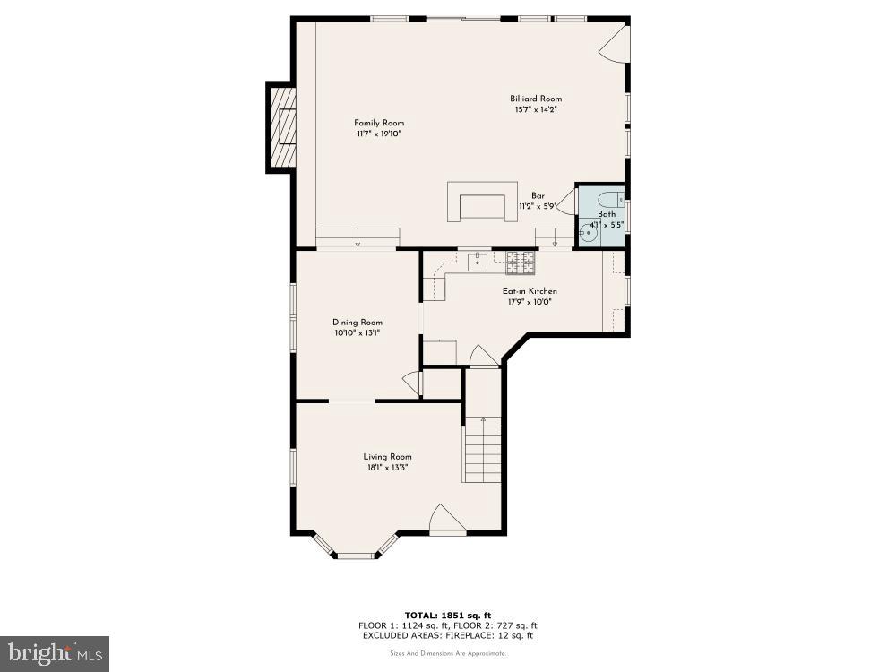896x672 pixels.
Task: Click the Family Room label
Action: (x=379, y=123)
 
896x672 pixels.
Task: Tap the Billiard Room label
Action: (x=536, y=99)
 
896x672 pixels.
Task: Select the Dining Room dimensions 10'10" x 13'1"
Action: (x=358, y=333)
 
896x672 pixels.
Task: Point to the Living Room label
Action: (x=387, y=456)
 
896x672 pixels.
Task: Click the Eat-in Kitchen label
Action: (x=530, y=291)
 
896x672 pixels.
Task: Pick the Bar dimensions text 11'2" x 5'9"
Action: (x=538, y=206)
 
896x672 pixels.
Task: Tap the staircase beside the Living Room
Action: (x=482, y=451)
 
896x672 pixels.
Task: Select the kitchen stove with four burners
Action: (x=521, y=262)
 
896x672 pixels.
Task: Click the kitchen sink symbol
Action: (x=478, y=262)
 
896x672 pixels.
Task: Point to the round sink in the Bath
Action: (x=588, y=235)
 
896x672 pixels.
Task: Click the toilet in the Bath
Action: (x=609, y=200)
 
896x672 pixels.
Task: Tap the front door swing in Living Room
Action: (x=445, y=519)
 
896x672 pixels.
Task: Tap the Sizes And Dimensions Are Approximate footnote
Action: (x=448, y=654)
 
